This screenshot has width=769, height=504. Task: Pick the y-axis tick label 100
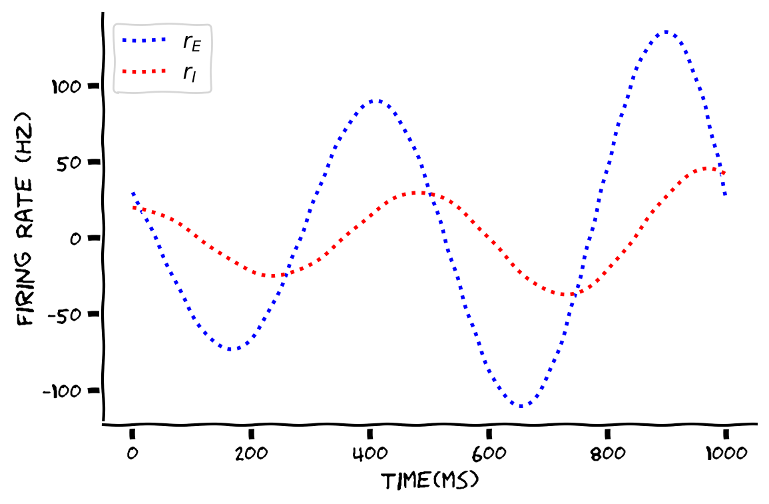click(x=67, y=86)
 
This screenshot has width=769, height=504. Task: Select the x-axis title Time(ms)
click(x=429, y=481)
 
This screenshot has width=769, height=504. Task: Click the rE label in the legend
click(x=192, y=43)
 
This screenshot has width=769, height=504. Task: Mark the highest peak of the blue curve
click(x=666, y=31)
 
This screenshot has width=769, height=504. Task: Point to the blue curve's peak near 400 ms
click(x=376, y=101)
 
